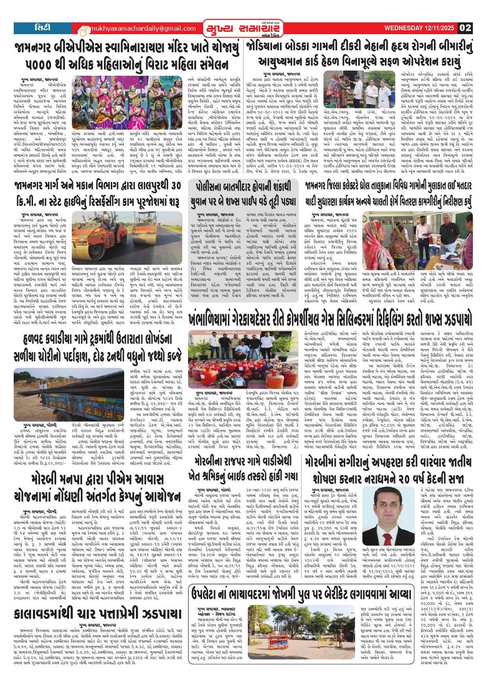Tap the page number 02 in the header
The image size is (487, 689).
pyautogui.click(x=465, y=28)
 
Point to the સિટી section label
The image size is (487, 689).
pyautogui.click(x=43, y=28)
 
